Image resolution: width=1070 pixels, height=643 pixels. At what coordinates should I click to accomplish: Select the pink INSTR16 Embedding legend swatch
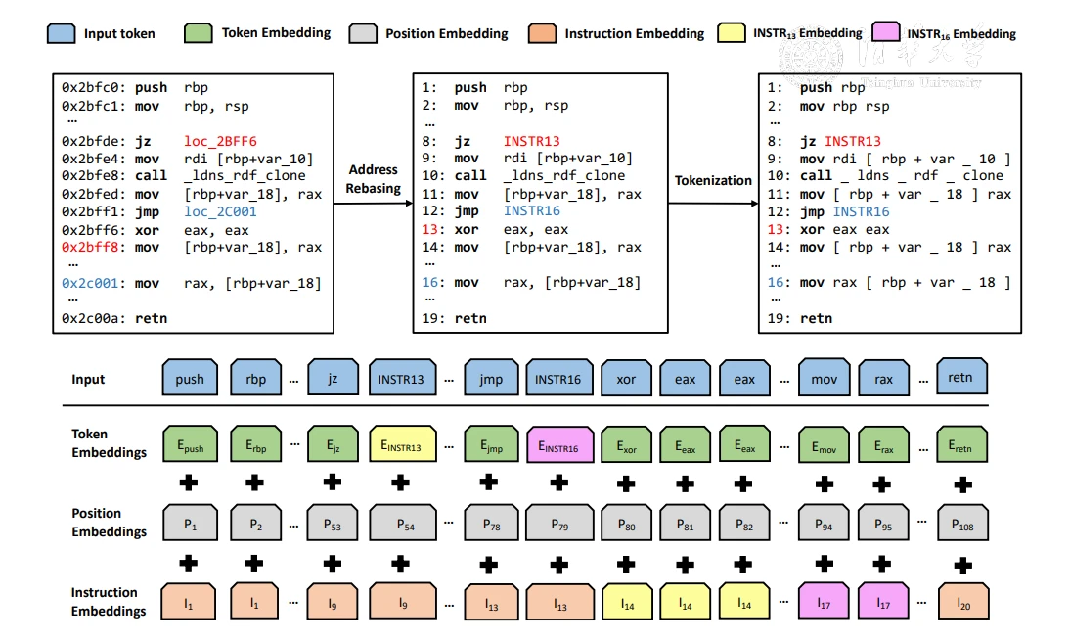click(x=885, y=34)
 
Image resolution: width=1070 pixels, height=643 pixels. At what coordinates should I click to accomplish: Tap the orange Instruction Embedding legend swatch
click(x=541, y=34)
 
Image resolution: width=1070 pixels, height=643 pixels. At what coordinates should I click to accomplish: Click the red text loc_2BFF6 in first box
click(x=220, y=141)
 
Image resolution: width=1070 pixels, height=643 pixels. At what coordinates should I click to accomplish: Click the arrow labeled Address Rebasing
click(x=373, y=204)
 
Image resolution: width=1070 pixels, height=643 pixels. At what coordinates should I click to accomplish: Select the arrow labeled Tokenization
click(x=713, y=204)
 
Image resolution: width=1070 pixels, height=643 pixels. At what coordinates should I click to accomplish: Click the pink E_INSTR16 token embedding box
click(x=558, y=447)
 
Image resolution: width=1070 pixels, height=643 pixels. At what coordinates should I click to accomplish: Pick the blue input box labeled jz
click(x=333, y=378)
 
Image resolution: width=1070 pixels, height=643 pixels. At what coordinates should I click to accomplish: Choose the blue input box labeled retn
click(x=961, y=377)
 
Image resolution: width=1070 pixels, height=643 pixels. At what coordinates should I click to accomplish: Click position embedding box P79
click(x=558, y=525)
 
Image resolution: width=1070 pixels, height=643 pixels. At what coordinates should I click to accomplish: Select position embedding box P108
click(x=961, y=525)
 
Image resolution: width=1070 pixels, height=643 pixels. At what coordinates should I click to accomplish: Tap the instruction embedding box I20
click(x=961, y=603)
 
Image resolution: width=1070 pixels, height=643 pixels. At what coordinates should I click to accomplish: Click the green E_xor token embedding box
click(x=626, y=446)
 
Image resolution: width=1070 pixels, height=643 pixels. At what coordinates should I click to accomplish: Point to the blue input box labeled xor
click(x=626, y=378)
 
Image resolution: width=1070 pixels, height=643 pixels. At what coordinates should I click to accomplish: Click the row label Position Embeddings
click(x=109, y=523)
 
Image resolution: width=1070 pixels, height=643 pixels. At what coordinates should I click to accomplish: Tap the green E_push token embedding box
click(x=190, y=446)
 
